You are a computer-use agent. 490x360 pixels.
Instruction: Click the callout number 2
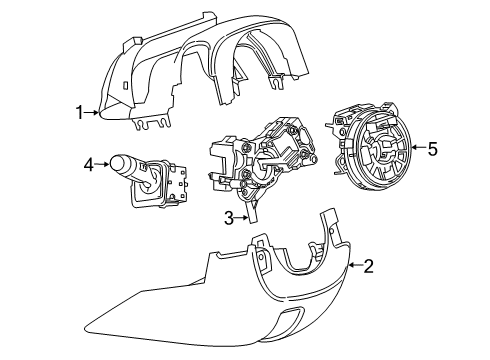(x=369, y=266)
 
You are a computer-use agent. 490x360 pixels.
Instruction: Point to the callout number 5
(x=432, y=149)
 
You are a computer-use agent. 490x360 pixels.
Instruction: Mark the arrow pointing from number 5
(x=417, y=150)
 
